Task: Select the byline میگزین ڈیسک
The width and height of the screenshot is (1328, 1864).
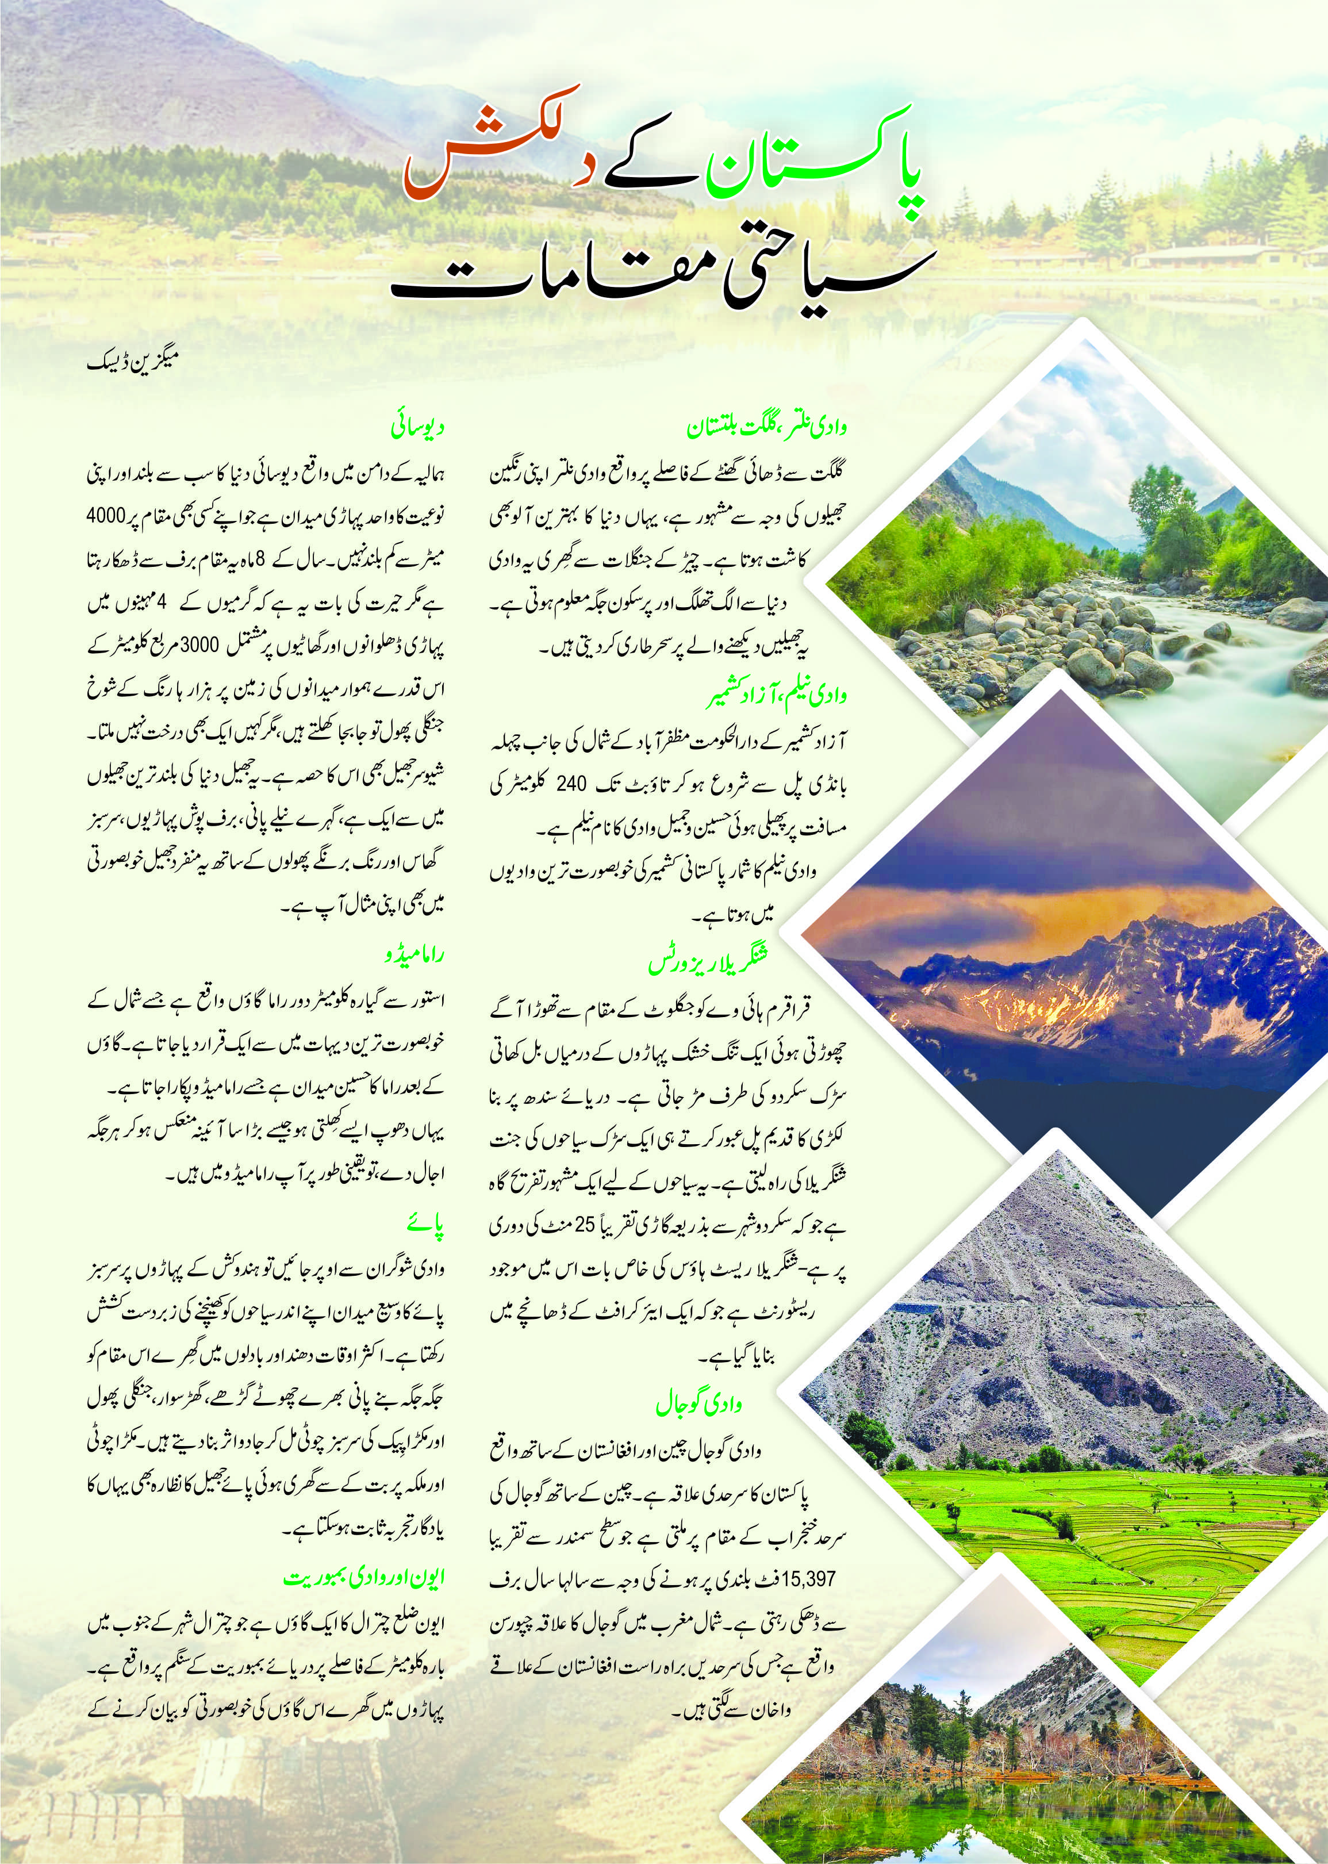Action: tap(132, 359)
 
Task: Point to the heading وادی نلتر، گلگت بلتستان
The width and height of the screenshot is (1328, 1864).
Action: tap(768, 427)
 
